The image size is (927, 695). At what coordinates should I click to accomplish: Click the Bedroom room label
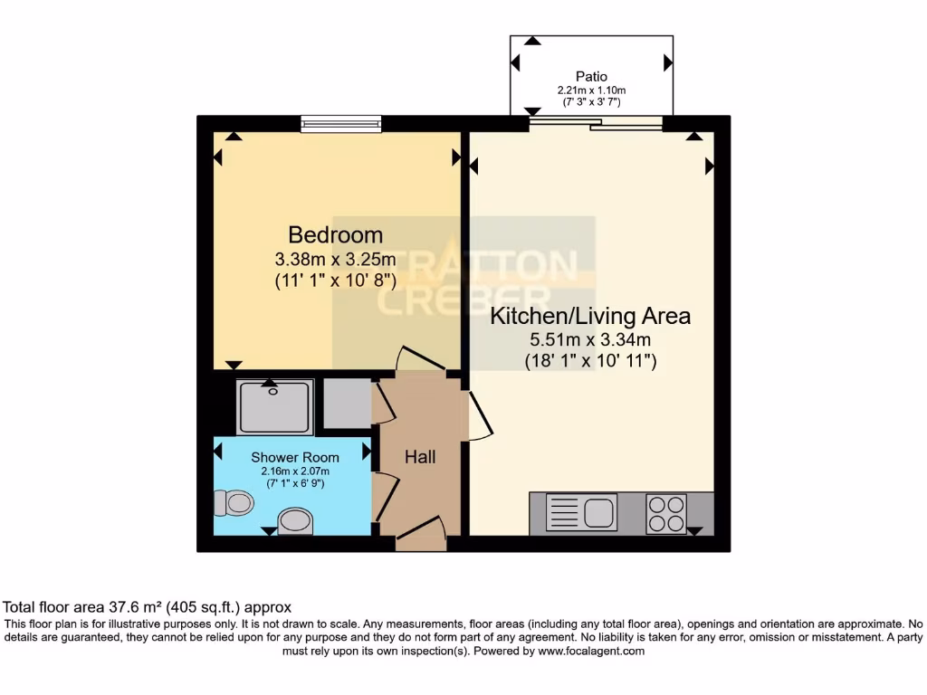pyautogui.click(x=336, y=235)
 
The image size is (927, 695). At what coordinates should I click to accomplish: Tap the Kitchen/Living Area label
pyautogui.click(x=590, y=317)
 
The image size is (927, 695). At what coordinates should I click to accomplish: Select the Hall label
pyautogui.click(x=420, y=457)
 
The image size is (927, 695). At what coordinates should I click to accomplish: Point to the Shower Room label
pyautogui.click(x=289, y=458)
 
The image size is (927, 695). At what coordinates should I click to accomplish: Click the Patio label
pyautogui.click(x=591, y=77)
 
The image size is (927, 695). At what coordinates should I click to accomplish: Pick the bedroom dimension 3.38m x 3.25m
pyautogui.click(x=336, y=260)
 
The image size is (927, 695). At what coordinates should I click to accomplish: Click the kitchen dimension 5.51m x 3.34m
pyautogui.click(x=590, y=340)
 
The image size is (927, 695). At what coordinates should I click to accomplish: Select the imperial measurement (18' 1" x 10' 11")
pyautogui.click(x=590, y=361)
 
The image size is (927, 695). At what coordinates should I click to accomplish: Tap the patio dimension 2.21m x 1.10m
pyautogui.click(x=591, y=90)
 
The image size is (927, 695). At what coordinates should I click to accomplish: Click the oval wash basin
pyautogui.click(x=295, y=520)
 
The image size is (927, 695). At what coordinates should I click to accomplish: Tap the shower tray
pyautogui.click(x=275, y=407)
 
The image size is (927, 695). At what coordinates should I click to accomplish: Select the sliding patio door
pyautogui.click(x=596, y=123)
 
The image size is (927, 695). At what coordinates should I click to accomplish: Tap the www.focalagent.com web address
pyautogui.click(x=591, y=651)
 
